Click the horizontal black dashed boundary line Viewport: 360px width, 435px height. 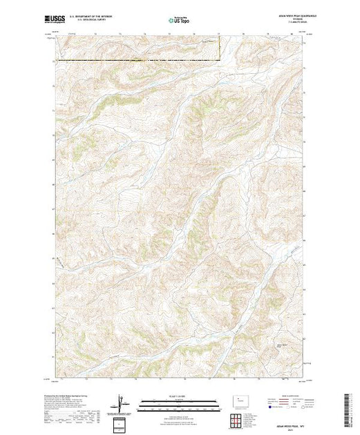click(x=138, y=60)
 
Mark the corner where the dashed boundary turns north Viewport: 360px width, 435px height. click(x=220, y=60)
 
